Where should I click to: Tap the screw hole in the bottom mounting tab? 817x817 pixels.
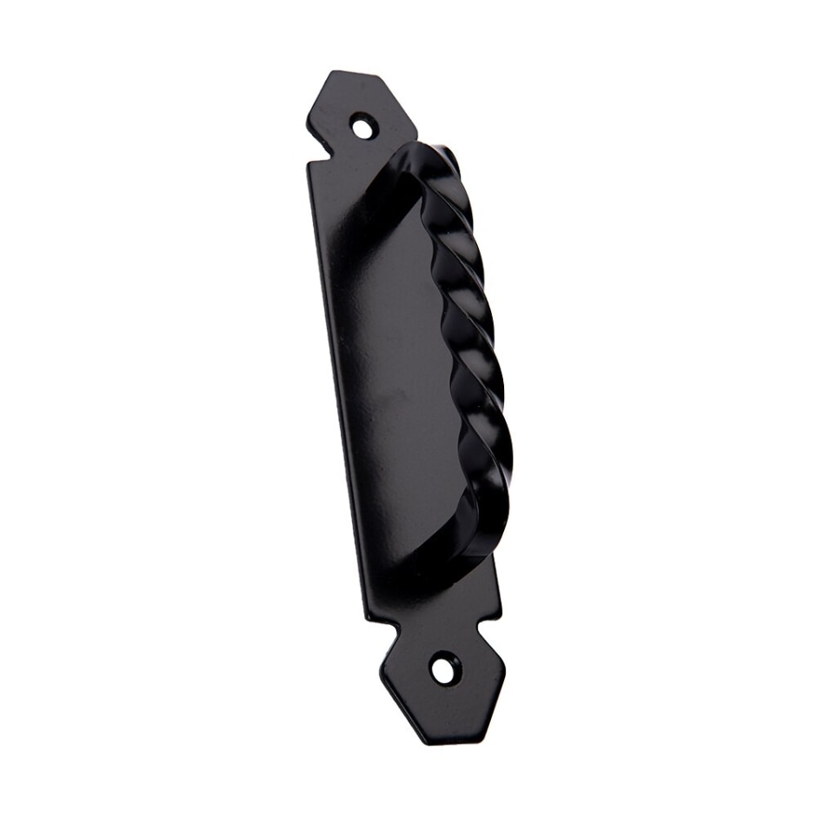[x=443, y=668]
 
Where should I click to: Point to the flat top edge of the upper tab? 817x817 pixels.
[x=356, y=76]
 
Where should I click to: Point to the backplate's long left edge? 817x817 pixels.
[x=335, y=391]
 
